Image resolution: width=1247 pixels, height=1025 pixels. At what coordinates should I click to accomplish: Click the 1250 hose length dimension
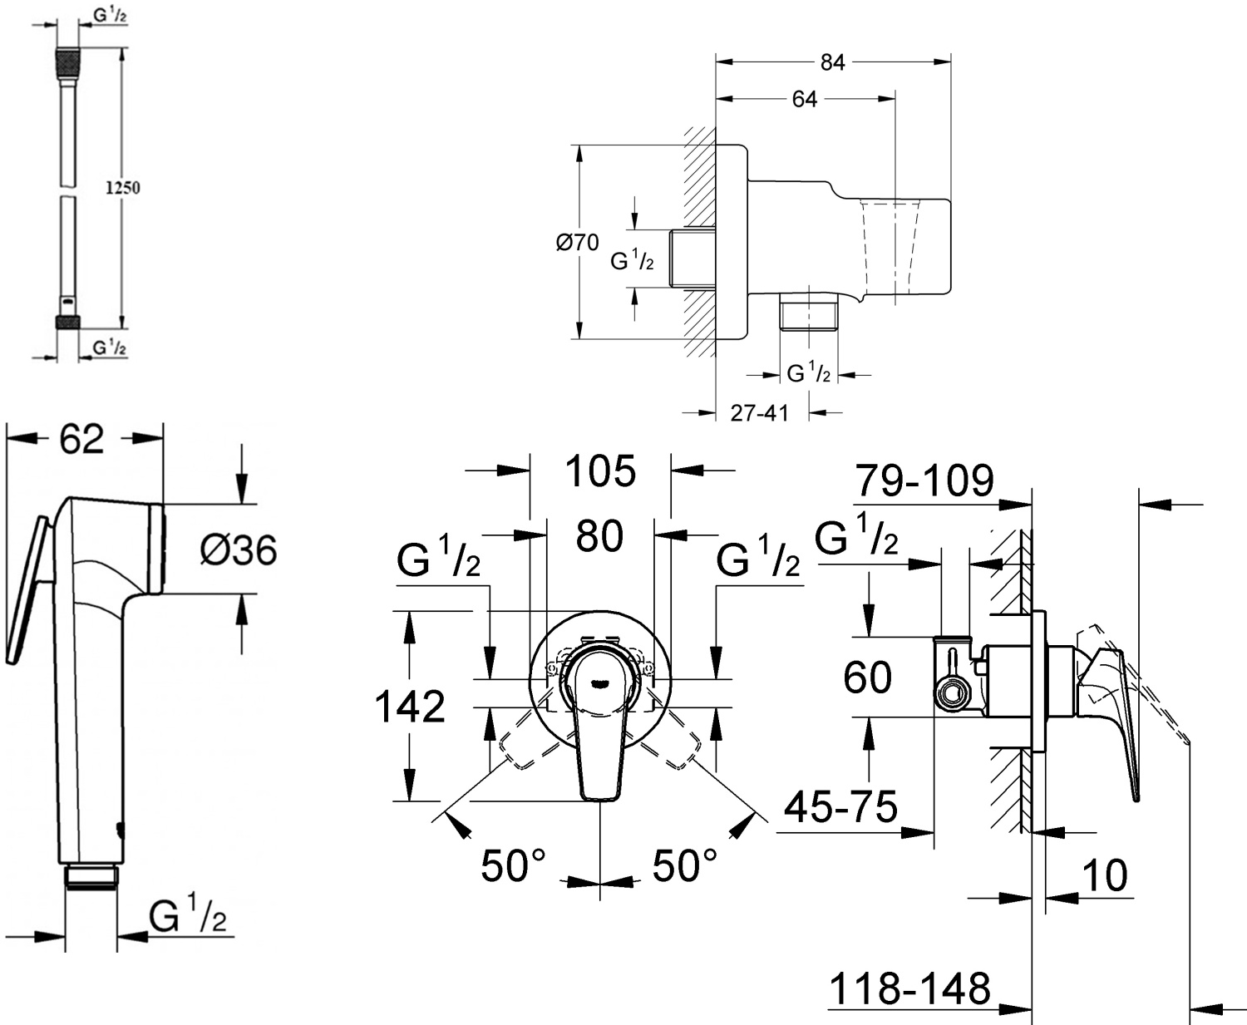(x=122, y=188)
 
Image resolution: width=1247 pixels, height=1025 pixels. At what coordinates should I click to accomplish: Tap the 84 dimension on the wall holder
(x=832, y=62)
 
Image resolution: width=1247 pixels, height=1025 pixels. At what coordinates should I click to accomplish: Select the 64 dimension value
(x=804, y=100)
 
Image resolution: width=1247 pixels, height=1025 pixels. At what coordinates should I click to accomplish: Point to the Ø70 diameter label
(x=578, y=243)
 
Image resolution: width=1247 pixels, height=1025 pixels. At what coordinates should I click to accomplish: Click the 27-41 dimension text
(x=759, y=412)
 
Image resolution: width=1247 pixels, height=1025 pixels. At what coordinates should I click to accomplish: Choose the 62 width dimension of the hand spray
(x=81, y=439)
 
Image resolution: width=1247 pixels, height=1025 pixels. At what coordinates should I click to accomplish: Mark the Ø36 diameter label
(x=239, y=549)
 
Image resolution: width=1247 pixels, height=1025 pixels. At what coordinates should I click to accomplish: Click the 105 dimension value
(x=600, y=472)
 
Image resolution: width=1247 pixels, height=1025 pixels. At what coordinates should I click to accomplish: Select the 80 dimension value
(x=599, y=536)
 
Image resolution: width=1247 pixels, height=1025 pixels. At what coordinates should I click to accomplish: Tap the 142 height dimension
(x=410, y=707)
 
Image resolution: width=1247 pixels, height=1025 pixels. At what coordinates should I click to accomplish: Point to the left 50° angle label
(x=512, y=866)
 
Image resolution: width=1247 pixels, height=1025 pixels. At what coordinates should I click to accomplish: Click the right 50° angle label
(x=684, y=866)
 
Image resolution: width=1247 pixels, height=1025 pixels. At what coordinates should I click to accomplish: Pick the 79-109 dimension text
(x=924, y=480)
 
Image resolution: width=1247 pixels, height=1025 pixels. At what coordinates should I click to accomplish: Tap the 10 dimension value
(x=1106, y=875)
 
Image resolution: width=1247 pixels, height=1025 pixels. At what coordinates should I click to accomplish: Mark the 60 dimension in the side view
(x=867, y=678)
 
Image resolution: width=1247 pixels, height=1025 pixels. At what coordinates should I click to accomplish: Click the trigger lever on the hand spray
(x=25, y=590)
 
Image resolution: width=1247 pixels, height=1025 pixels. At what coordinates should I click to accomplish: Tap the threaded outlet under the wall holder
(x=808, y=316)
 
